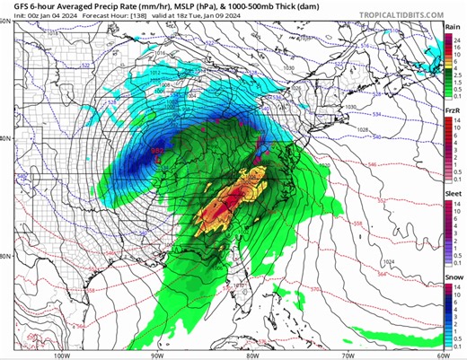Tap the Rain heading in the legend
454,28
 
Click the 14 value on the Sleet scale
458,206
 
